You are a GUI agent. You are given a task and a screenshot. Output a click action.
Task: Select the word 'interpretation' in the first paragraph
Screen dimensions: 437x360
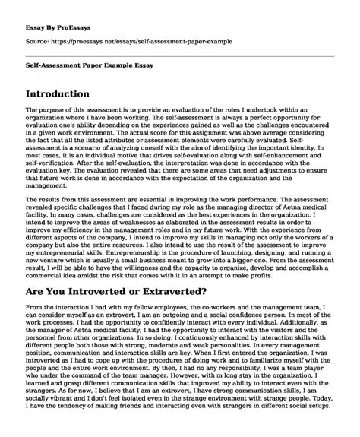point(169,176)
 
